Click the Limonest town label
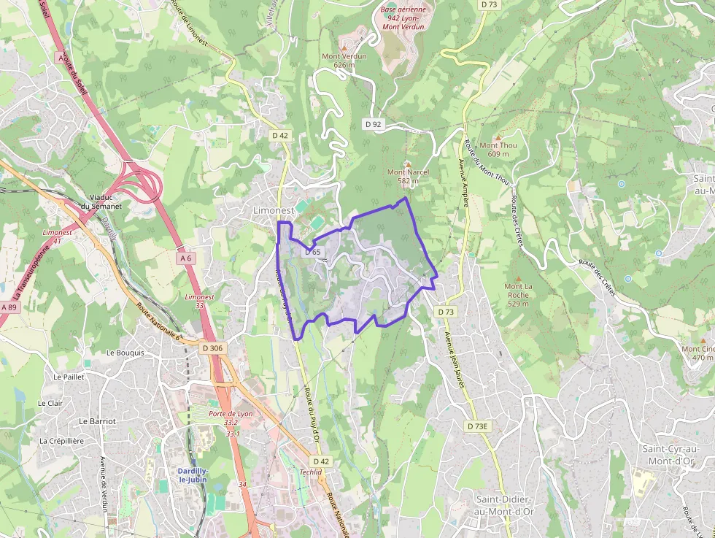coord(272,210)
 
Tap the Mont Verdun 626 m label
coord(344,60)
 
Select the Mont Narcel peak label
coord(408,176)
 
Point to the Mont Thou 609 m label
coord(498,149)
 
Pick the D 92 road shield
coord(374,124)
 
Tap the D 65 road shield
coord(312,251)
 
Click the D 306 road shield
coord(212,348)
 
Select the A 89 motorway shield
coord(9,307)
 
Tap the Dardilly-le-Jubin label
coord(193,475)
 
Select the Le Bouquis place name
coord(125,353)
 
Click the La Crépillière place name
coord(62,441)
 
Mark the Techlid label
coord(311,472)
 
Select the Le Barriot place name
coord(97,421)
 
